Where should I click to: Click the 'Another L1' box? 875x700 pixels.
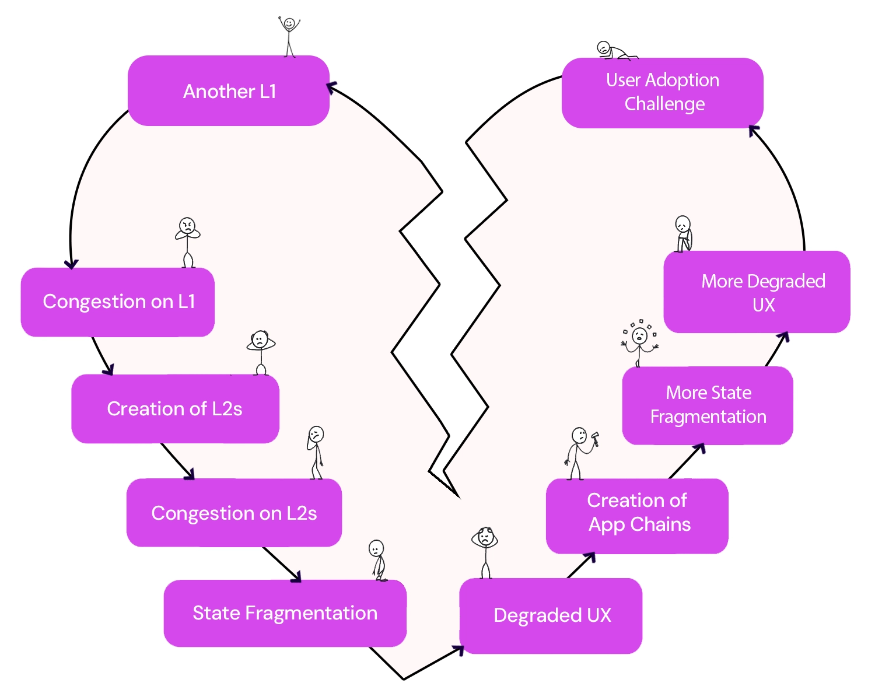pyautogui.click(x=229, y=91)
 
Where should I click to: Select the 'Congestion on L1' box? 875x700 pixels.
pyautogui.click(x=118, y=302)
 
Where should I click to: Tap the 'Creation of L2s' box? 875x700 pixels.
pyautogui.click(x=175, y=409)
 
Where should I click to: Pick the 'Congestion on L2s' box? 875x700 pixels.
pyautogui.click(x=234, y=513)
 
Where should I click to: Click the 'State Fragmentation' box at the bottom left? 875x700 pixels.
pyautogui.click(x=285, y=613)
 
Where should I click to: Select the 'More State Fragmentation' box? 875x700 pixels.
pyautogui.click(x=708, y=405)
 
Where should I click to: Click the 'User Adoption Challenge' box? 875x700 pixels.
pyautogui.click(x=662, y=92)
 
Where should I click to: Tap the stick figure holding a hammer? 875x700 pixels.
pyautogui.click(x=581, y=453)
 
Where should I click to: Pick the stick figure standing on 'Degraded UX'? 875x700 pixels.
pyautogui.click(x=485, y=551)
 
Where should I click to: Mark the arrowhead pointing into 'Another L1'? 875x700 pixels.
pyautogui.click(x=331, y=88)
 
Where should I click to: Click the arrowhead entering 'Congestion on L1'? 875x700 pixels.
pyautogui.click(x=71, y=264)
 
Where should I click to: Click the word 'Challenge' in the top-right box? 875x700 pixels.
pyautogui.click(x=664, y=104)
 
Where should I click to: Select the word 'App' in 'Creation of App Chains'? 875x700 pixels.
pyautogui.click(x=606, y=525)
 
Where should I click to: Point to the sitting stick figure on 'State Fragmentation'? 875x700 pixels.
pyautogui.click(x=378, y=560)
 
